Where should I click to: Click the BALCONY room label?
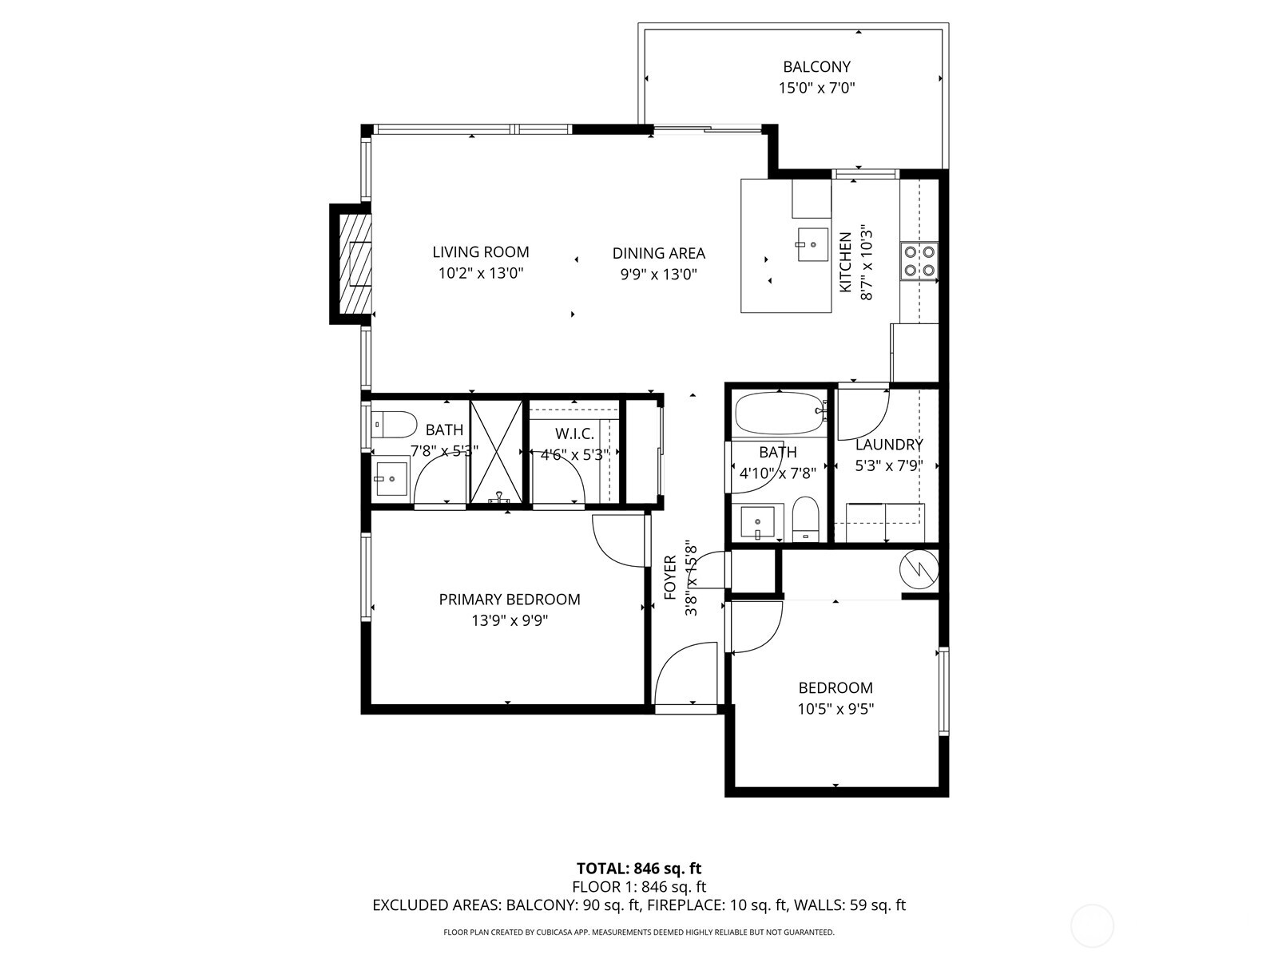click(x=816, y=67)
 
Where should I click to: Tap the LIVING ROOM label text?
click(x=480, y=252)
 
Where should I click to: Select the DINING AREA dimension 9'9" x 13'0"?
click(x=658, y=275)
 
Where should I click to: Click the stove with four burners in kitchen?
click(x=919, y=260)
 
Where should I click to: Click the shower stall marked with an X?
click(x=496, y=451)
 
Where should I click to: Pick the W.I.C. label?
click(x=574, y=433)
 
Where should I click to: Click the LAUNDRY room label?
click(x=889, y=445)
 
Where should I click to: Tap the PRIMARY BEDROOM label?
click(x=510, y=600)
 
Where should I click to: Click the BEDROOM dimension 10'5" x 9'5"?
click(x=835, y=709)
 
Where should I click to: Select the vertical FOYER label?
click(x=670, y=578)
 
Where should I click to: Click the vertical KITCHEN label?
click(x=846, y=263)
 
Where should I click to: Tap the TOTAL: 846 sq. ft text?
click(x=639, y=869)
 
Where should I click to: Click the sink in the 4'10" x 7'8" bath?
click(x=756, y=523)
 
